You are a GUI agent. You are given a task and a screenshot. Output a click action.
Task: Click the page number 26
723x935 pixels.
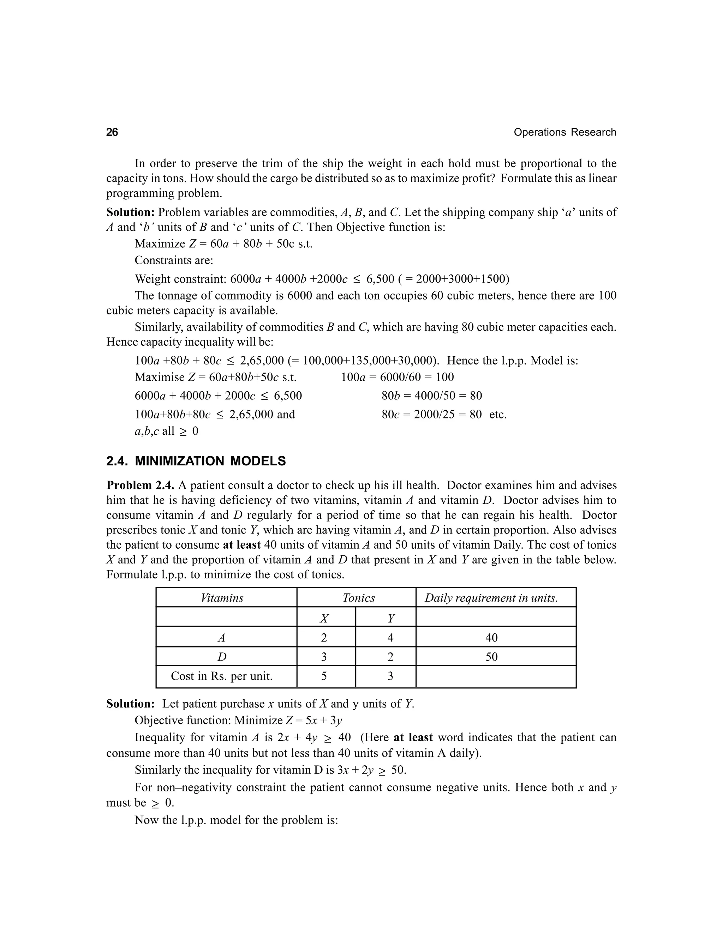(x=112, y=132)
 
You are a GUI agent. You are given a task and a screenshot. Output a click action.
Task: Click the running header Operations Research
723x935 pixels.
(x=564, y=132)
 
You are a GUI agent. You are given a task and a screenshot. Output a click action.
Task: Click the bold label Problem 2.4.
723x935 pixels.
(x=141, y=485)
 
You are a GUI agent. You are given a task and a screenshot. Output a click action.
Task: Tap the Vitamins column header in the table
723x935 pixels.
(x=222, y=598)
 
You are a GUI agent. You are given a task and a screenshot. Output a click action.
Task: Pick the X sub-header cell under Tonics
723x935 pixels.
(x=324, y=618)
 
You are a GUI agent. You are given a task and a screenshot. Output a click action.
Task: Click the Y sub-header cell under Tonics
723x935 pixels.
(x=390, y=618)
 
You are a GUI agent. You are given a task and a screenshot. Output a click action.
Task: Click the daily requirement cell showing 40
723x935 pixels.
(x=491, y=638)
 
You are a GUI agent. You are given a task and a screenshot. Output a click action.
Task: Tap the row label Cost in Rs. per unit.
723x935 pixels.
(x=221, y=676)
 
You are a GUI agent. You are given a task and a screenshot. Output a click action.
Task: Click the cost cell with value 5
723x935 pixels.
(x=324, y=676)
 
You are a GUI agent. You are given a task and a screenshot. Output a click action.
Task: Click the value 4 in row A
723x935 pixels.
(x=390, y=638)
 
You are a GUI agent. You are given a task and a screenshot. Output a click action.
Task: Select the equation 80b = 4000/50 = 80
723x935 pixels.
(x=431, y=396)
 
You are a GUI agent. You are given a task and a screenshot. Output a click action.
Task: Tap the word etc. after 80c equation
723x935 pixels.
(x=498, y=415)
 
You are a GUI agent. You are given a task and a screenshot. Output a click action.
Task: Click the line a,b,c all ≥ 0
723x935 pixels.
(x=166, y=431)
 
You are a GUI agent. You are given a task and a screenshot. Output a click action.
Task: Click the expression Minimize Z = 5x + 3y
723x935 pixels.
(x=288, y=720)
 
